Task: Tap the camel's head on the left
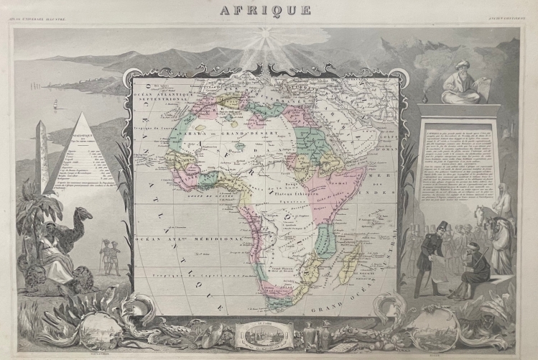[84, 213]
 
